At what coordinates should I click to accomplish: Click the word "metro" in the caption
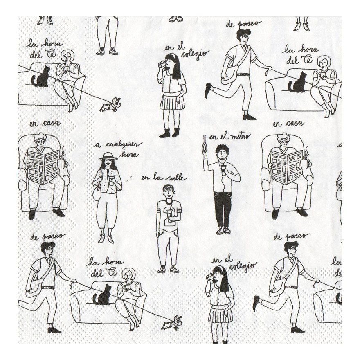point(239,137)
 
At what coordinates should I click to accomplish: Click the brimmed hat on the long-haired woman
point(108,156)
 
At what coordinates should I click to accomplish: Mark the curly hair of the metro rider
point(222,148)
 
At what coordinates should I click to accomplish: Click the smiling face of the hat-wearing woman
point(108,163)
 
